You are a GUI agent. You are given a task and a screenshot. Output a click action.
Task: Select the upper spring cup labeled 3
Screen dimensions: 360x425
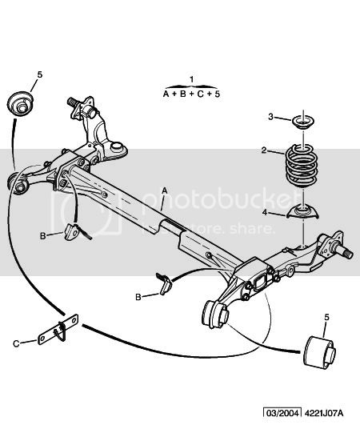tap(303, 122)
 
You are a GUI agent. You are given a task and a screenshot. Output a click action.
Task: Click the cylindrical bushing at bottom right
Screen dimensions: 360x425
tap(320, 352)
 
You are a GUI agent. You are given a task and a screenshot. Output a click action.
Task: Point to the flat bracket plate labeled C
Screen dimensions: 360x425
tap(58, 329)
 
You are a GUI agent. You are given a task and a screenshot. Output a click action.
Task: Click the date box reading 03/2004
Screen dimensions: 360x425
tap(283, 413)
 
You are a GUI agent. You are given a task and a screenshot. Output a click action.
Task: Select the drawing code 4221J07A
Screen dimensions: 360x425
tap(324, 413)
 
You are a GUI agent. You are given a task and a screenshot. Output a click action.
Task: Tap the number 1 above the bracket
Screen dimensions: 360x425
tap(192, 79)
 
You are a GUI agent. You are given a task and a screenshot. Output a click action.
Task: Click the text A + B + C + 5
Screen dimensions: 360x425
tap(191, 94)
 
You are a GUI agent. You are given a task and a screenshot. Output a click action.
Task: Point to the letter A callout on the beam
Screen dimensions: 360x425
tap(165, 191)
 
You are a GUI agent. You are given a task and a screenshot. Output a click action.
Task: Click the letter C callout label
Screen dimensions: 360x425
tap(16, 344)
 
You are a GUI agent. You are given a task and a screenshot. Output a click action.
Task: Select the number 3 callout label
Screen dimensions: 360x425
tap(271, 117)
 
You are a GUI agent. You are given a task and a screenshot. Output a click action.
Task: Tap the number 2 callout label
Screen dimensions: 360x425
tap(264, 150)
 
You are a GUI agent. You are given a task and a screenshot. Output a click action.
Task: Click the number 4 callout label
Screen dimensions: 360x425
tap(265, 213)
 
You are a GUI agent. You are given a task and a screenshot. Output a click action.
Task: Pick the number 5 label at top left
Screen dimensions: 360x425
tap(40, 74)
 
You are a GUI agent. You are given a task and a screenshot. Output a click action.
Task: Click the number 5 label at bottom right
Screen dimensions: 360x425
tap(327, 317)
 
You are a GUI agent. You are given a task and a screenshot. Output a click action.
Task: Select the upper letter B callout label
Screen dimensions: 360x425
tap(42, 236)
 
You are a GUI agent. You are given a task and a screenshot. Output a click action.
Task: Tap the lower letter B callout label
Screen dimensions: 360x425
tap(138, 297)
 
